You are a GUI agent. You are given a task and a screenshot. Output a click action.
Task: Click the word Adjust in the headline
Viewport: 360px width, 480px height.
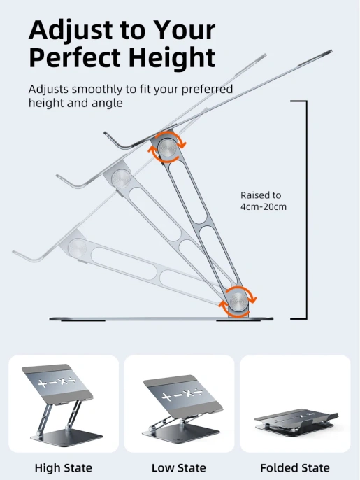point(71,31)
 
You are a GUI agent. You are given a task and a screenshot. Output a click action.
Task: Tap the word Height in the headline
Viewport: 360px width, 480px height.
point(172,59)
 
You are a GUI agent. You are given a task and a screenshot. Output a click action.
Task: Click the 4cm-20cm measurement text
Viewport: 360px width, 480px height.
point(264,206)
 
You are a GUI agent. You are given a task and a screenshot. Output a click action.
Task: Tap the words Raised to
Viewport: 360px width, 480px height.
point(261,195)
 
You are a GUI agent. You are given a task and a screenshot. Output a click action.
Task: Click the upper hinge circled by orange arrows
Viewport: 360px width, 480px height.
point(167,148)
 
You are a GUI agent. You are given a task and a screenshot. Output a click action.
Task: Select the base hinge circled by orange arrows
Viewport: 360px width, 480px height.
point(238,301)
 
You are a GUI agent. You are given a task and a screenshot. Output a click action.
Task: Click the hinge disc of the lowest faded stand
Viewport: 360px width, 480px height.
point(77,248)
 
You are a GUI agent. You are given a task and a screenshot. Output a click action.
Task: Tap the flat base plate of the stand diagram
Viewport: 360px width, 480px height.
point(161,319)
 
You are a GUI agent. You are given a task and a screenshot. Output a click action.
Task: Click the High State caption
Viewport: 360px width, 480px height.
point(64,467)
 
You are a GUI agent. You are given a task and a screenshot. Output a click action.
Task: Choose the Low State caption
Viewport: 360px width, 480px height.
point(179,467)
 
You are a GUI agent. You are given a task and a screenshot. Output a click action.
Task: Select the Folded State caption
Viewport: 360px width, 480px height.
point(295,467)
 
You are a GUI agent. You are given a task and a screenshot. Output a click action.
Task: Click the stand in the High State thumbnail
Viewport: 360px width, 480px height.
point(62,402)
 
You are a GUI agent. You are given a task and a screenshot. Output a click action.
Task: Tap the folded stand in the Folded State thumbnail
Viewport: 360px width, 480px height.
point(296,422)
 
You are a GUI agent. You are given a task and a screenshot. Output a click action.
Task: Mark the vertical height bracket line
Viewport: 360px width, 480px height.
point(306,210)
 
